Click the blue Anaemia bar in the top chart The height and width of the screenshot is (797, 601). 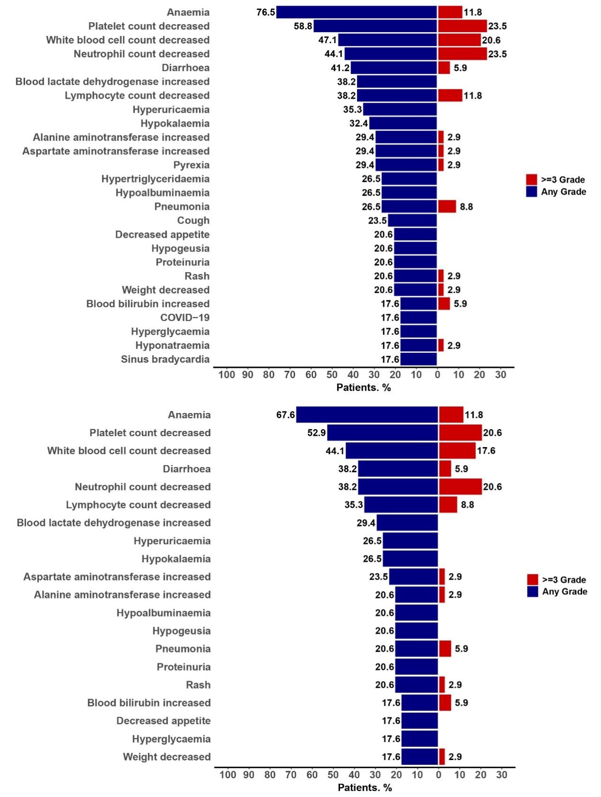357,12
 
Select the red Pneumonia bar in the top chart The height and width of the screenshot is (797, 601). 447,206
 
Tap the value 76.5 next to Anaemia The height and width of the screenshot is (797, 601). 266,12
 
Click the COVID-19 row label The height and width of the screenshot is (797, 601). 185,317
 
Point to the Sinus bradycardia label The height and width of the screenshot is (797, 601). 165,359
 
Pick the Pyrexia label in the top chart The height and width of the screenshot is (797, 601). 191,165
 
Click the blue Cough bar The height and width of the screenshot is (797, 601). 413,220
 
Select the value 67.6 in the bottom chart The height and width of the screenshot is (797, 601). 286,415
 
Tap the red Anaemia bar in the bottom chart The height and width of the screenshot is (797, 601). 451,415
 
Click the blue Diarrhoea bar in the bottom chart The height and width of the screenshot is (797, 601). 398,469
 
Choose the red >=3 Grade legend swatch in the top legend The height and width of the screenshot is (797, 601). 531,179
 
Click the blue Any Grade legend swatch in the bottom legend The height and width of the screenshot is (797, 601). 532,591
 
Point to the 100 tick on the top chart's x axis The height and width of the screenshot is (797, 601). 227,375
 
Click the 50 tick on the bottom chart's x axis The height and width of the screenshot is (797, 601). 333,775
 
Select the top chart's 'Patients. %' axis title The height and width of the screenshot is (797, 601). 363,387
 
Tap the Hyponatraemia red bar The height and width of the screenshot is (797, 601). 441,345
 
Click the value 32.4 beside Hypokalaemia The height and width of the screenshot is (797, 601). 359,123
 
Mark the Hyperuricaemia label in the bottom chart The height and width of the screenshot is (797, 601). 172,541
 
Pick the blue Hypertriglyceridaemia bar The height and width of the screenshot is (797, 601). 409,179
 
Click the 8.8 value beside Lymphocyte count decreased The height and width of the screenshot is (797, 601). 467,505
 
